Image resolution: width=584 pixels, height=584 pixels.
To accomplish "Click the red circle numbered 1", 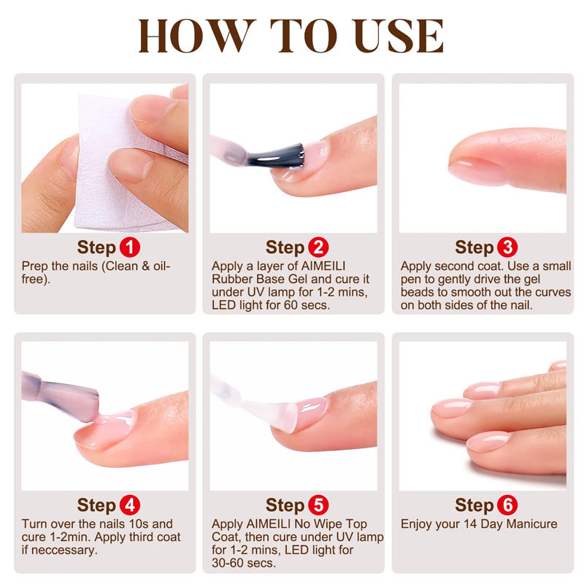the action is [x=130, y=247].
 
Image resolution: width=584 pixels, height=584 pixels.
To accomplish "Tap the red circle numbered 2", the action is [x=318, y=247].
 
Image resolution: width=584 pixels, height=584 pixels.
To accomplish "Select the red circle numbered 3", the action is [x=507, y=247].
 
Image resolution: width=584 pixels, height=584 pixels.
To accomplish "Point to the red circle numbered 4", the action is [x=130, y=505].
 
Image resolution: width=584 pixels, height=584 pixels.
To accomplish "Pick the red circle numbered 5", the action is [x=318, y=505].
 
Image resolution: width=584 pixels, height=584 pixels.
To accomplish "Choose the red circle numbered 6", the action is [x=507, y=505].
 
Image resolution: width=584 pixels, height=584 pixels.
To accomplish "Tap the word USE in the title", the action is [x=399, y=36].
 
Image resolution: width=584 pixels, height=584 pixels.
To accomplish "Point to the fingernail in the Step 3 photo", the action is [x=476, y=172].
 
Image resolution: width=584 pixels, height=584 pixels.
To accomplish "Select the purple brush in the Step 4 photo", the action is [x=61, y=396].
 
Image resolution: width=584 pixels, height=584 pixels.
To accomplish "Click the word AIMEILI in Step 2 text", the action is [x=323, y=266].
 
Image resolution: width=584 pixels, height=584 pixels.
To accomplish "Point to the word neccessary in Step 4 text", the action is [x=64, y=550].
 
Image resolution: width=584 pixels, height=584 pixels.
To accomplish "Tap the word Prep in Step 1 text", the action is [x=34, y=266].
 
